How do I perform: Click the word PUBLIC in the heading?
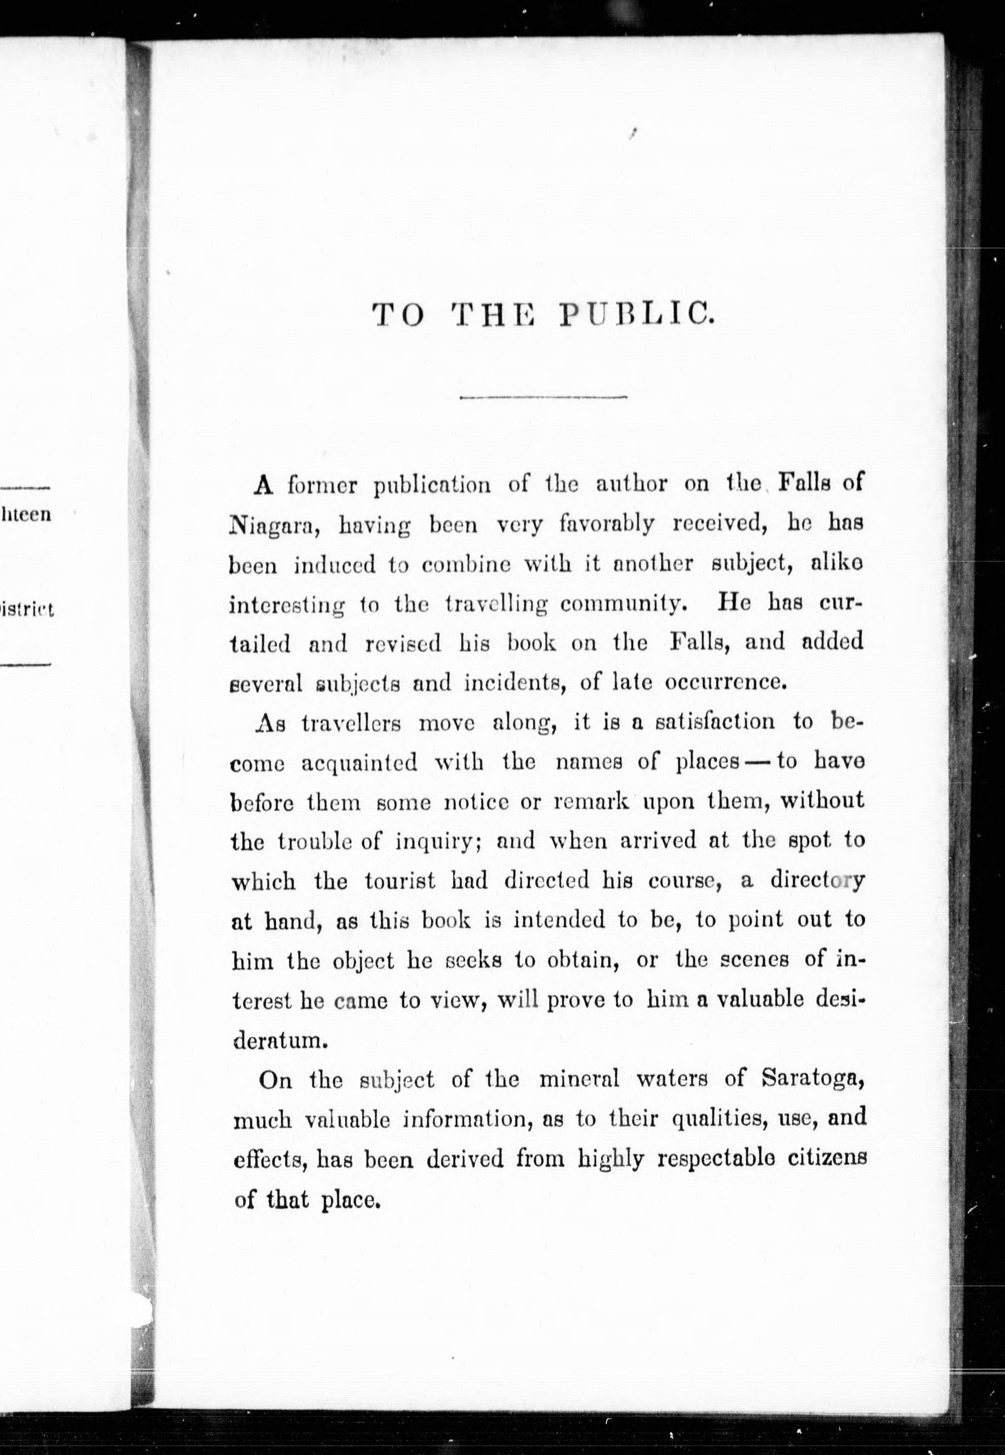click(x=636, y=314)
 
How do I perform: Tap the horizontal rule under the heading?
click(x=543, y=397)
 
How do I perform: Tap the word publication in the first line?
click(x=432, y=485)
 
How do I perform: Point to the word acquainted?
click(x=359, y=762)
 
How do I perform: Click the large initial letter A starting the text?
click(x=263, y=485)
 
